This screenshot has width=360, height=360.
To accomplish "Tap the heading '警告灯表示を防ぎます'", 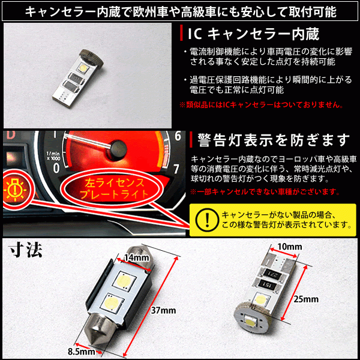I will (270, 140).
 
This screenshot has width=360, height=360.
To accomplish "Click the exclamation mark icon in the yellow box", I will (204, 218).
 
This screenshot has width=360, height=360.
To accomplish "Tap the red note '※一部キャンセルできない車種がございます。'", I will (264, 192).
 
